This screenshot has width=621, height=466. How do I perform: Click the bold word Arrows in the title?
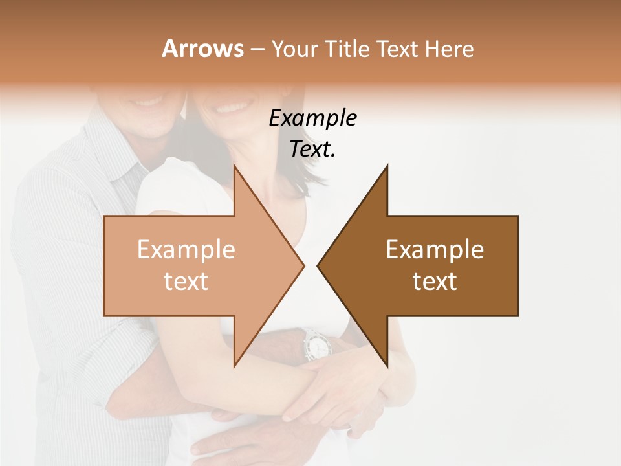point(203,49)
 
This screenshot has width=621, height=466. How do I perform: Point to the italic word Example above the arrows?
point(312,118)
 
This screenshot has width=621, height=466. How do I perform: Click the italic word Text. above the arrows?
point(312,149)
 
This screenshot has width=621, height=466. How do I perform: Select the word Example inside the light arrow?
point(186,250)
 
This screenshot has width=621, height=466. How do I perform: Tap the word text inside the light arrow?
point(186,282)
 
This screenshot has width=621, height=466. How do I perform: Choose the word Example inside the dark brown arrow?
point(435,250)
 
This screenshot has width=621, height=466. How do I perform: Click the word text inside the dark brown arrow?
point(435,282)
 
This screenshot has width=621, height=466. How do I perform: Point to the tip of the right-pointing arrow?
point(303,265)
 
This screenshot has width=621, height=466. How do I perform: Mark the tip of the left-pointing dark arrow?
point(318,265)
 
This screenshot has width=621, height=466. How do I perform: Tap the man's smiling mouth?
point(149,102)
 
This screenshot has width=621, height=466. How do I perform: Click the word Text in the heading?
point(396,49)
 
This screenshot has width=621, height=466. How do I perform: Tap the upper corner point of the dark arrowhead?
point(387,166)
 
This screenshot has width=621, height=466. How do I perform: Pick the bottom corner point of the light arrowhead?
point(234,366)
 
